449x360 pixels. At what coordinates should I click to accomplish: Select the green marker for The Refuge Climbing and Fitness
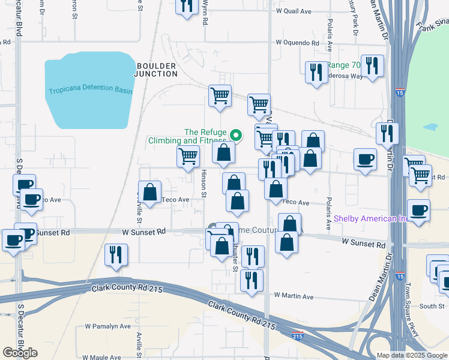coord(236,135)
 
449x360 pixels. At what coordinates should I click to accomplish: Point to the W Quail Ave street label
coord(294,11)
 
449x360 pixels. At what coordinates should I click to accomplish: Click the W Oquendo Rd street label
coord(297,43)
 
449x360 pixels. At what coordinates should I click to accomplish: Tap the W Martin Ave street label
coord(294,296)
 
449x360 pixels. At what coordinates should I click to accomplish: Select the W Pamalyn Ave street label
coord(107,326)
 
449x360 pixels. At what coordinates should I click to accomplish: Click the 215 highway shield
coord(298,336)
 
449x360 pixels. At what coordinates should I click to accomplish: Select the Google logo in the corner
coord(20,352)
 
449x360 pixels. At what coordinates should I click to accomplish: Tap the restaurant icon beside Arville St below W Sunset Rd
coord(115,254)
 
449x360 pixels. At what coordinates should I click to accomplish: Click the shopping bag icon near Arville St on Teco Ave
coord(150,193)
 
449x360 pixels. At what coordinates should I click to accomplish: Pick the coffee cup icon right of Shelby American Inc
coord(419,211)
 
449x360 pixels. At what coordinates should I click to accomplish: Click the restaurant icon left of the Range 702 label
coord(316,73)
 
